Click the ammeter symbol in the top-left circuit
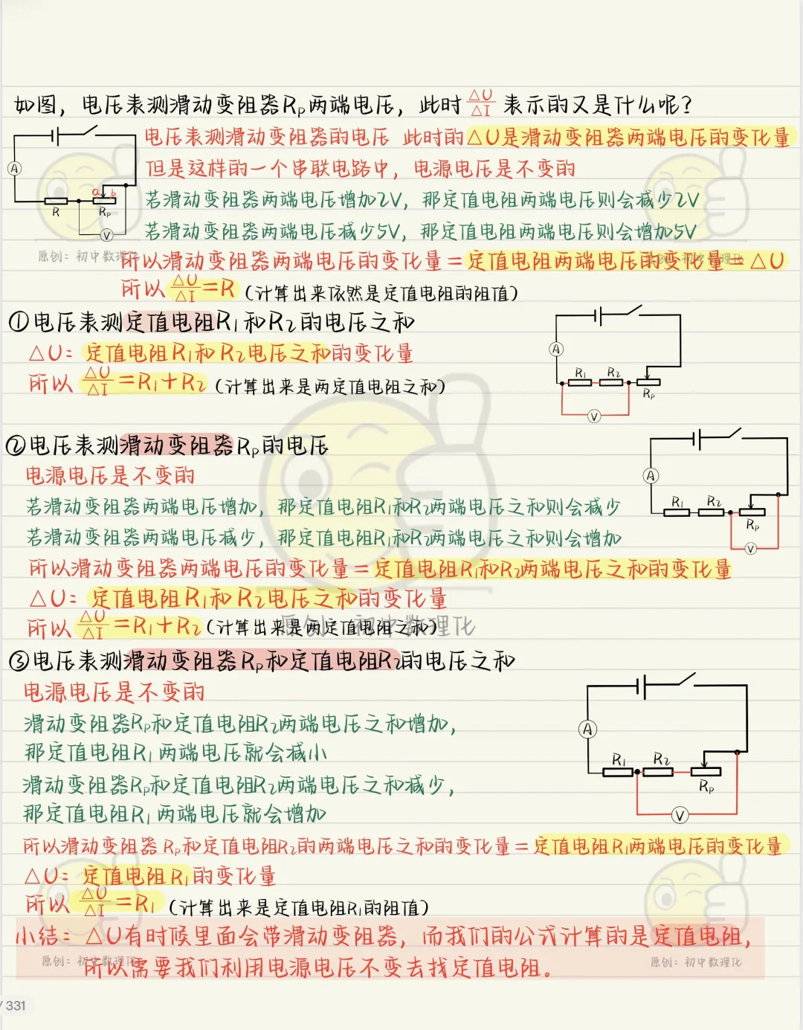click(x=14, y=169)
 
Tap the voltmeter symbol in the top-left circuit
click(x=106, y=235)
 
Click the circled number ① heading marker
click(x=18, y=322)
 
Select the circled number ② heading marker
click(x=15, y=445)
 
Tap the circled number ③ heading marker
click(x=18, y=661)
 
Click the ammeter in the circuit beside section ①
click(x=556, y=350)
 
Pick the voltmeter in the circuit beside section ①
click(x=593, y=416)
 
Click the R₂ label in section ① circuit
click(x=613, y=372)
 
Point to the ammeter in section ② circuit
click(x=651, y=476)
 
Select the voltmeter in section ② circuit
click(x=750, y=549)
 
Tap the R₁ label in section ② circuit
click(x=677, y=502)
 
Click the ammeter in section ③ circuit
click(x=588, y=730)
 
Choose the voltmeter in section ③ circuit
click(x=680, y=815)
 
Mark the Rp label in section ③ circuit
click(x=706, y=786)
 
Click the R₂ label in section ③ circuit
click(x=662, y=759)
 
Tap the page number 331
click(x=16, y=1005)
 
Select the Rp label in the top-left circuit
click(x=105, y=213)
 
